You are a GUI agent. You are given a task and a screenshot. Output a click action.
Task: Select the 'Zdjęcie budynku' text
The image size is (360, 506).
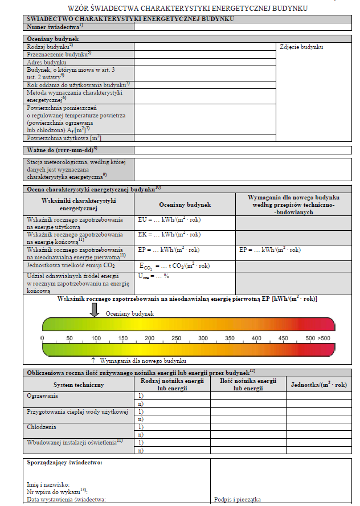(x=301, y=46)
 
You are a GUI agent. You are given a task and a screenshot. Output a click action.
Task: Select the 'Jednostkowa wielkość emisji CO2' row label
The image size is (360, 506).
(x=67, y=265)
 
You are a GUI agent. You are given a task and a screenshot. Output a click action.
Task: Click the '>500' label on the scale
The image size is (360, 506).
(x=324, y=338)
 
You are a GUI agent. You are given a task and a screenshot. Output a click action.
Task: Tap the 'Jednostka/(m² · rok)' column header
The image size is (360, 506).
(x=318, y=385)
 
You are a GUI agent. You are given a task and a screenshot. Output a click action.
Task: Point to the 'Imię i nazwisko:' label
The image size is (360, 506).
(x=48, y=484)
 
